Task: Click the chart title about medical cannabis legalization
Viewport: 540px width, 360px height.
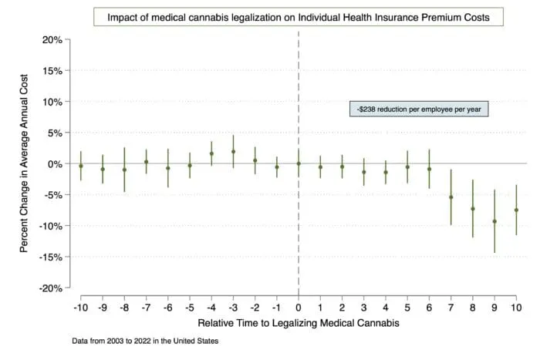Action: pyautogui.click(x=299, y=17)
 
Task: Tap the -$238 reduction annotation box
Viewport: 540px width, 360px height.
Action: pyautogui.click(x=420, y=109)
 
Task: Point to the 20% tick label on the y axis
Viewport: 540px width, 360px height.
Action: pyautogui.click(x=50, y=39)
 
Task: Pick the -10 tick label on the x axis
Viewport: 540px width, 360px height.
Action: pyautogui.click(x=80, y=308)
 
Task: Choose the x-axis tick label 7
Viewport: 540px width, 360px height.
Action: pyautogui.click(x=451, y=308)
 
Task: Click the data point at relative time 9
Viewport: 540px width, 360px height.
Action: pyautogui.click(x=494, y=221)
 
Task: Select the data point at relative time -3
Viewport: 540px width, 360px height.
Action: pyautogui.click(x=233, y=152)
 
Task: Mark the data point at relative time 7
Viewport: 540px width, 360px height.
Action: pyautogui.click(x=451, y=197)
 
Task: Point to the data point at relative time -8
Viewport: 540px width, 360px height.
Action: pyautogui.click(x=124, y=170)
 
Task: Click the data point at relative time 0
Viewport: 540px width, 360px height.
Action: pyautogui.click(x=299, y=163)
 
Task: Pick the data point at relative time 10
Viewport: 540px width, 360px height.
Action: pyautogui.click(x=516, y=210)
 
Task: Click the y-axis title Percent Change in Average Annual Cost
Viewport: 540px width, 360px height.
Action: pyautogui.click(x=25, y=163)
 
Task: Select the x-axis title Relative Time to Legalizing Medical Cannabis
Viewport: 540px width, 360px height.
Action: pyautogui.click(x=299, y=323)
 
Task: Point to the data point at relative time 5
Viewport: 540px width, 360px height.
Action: pyautogui.click(x=407, y=167)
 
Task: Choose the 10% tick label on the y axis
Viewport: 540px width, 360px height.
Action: pyautogui.click(x=50, y=102)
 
